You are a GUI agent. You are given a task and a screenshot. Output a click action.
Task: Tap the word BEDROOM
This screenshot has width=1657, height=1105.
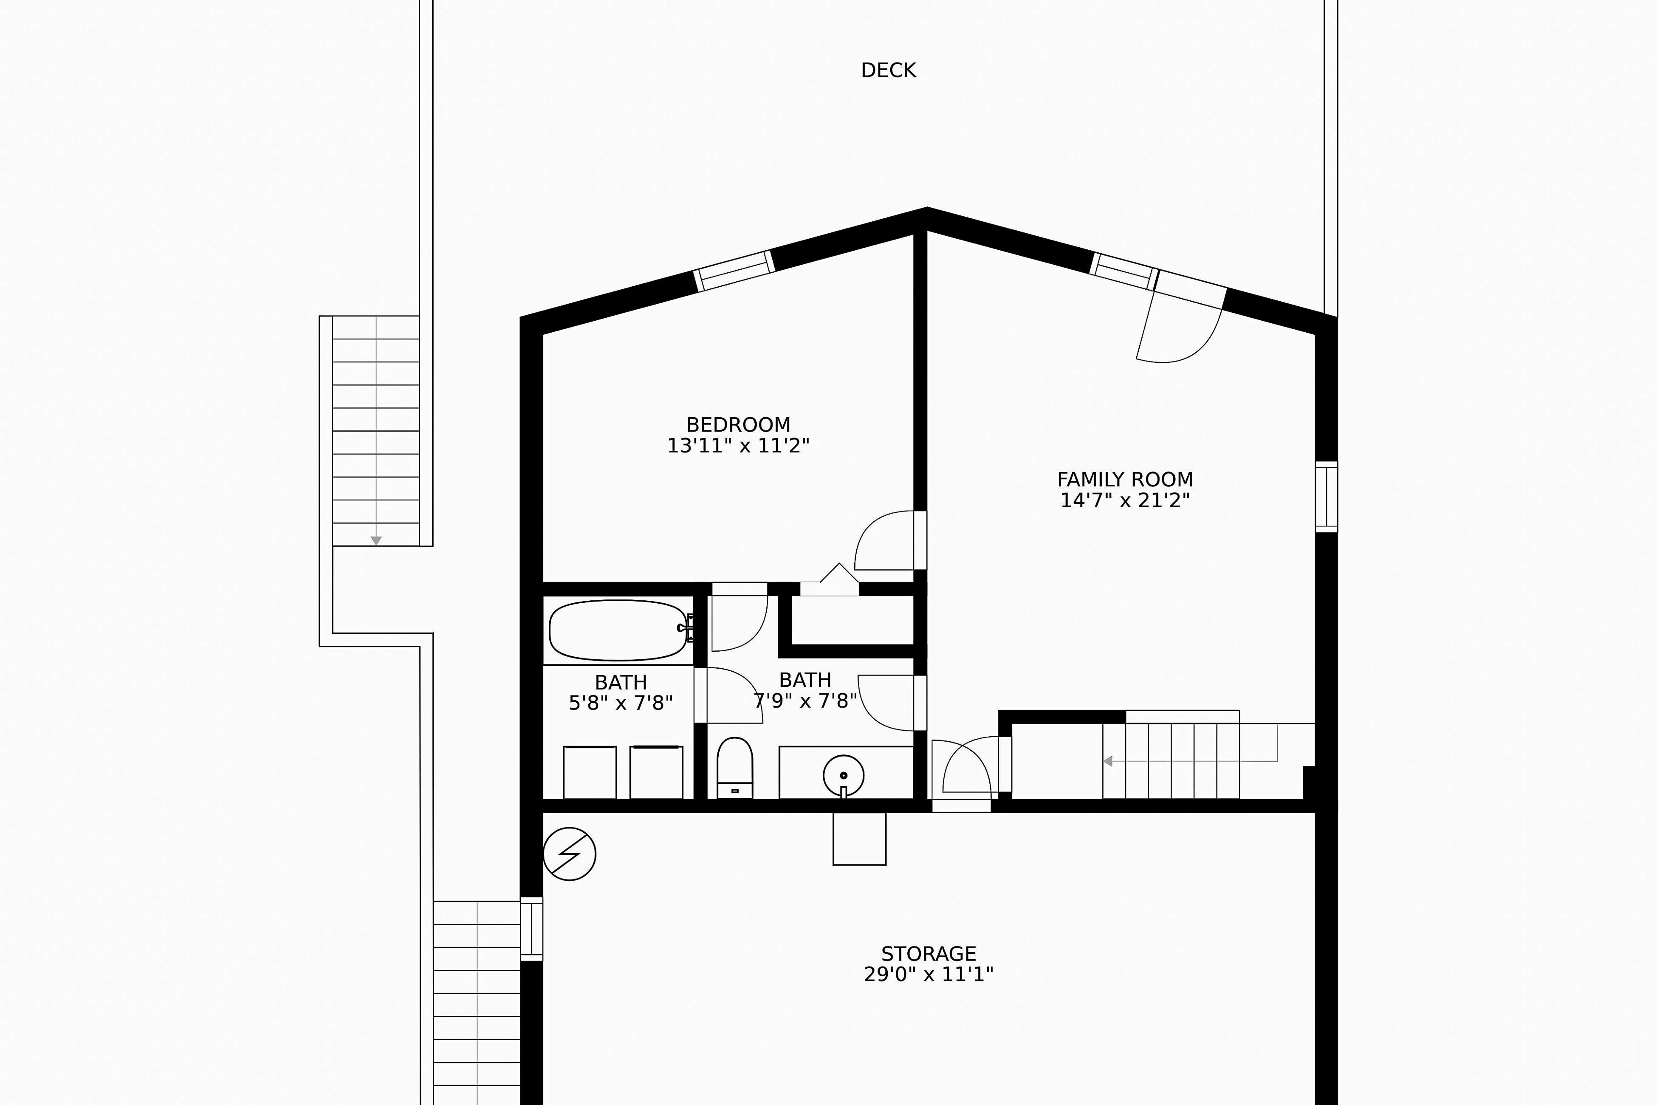pos(738,425)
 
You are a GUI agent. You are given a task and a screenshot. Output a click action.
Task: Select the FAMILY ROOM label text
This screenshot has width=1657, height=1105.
pos(1125,480)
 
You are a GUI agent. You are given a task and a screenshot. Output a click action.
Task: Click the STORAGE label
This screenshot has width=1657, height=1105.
pos(929,953)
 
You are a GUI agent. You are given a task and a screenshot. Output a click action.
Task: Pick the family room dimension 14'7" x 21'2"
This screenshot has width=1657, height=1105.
pos(1125,500)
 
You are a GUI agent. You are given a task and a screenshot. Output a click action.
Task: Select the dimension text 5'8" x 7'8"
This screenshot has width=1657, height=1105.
pos(621,703)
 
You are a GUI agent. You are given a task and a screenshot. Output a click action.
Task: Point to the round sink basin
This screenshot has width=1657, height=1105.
pos(843,775)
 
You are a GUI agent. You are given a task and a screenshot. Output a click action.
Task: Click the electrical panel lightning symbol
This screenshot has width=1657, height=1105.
pos(569,853)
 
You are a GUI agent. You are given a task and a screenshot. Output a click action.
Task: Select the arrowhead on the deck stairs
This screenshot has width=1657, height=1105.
pos(376,540)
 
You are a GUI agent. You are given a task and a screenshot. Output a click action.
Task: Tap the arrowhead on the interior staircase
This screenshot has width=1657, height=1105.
pos(1107,761)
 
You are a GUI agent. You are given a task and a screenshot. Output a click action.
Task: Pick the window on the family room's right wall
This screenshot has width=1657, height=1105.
pos(1327,497)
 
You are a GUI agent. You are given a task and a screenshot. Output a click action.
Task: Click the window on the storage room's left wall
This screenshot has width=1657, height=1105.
pos(532,929)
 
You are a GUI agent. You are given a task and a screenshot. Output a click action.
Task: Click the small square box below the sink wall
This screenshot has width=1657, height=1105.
pos(859,839)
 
